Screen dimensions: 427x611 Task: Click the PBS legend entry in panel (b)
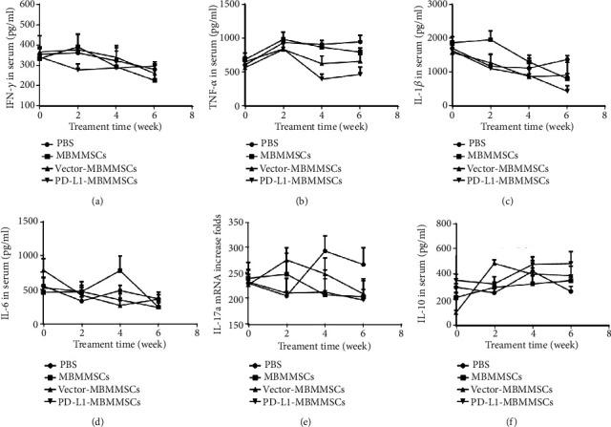[293, 143]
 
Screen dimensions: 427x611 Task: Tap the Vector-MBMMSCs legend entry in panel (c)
[520, 167]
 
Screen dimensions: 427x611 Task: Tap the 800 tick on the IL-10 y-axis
[441, 223]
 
